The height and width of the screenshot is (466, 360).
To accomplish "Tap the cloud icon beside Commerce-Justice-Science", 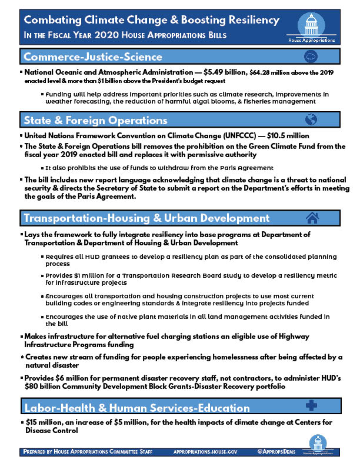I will (311, 57).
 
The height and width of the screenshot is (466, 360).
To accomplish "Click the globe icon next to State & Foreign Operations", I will (312, 120).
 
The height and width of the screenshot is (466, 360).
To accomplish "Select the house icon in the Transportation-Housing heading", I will (312, 219).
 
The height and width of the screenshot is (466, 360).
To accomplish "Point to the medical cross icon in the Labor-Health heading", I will (312, 407).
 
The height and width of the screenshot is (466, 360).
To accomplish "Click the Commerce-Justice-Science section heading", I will (92, 57).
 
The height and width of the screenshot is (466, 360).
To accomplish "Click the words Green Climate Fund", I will (262, 146).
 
